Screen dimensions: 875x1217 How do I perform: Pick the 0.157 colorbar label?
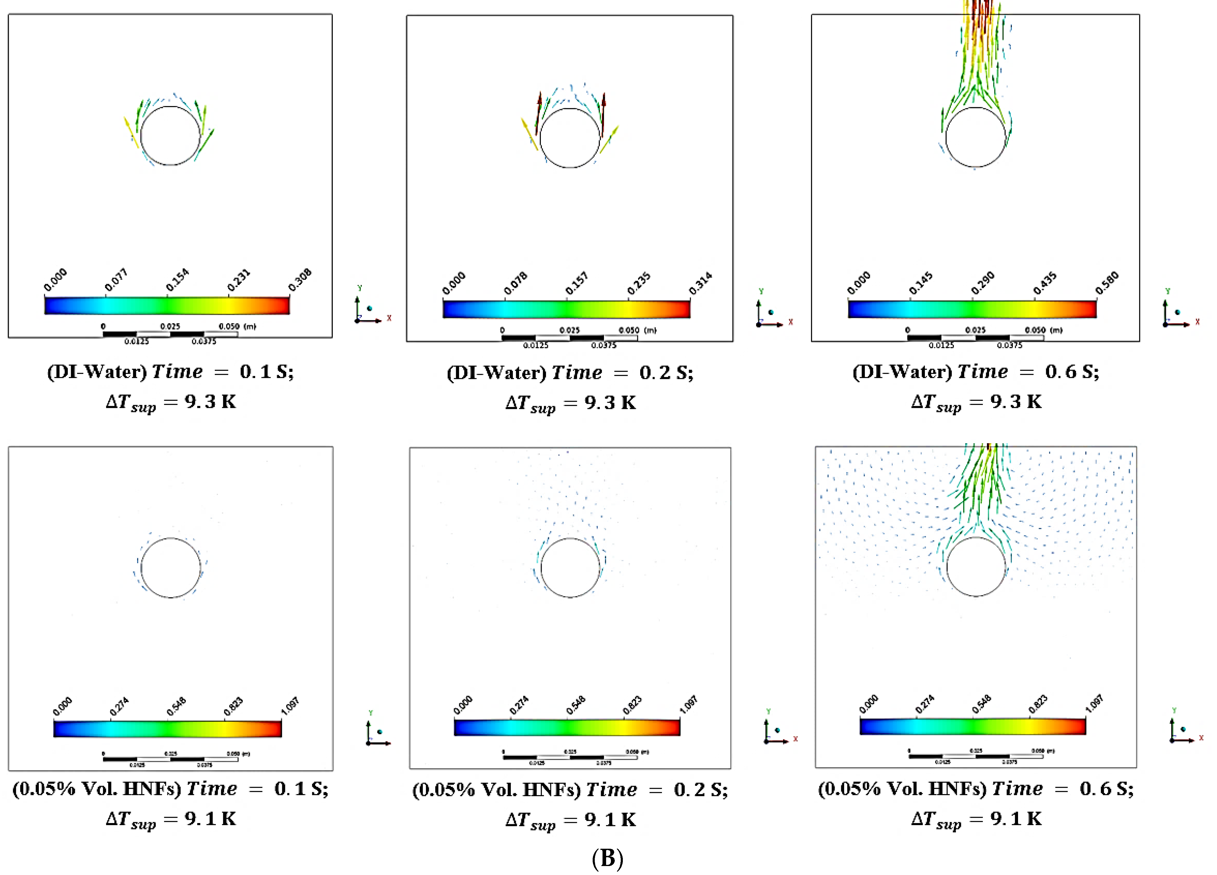pos(577,283)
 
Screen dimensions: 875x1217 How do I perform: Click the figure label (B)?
pos(607,858)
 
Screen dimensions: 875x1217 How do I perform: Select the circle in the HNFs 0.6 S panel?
pos(976,567)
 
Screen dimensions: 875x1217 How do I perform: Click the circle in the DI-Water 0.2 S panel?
pos(570,138)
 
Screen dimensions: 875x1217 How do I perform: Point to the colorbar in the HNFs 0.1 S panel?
pos(167,729)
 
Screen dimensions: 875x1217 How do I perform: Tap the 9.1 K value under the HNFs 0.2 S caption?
pos(610,820)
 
